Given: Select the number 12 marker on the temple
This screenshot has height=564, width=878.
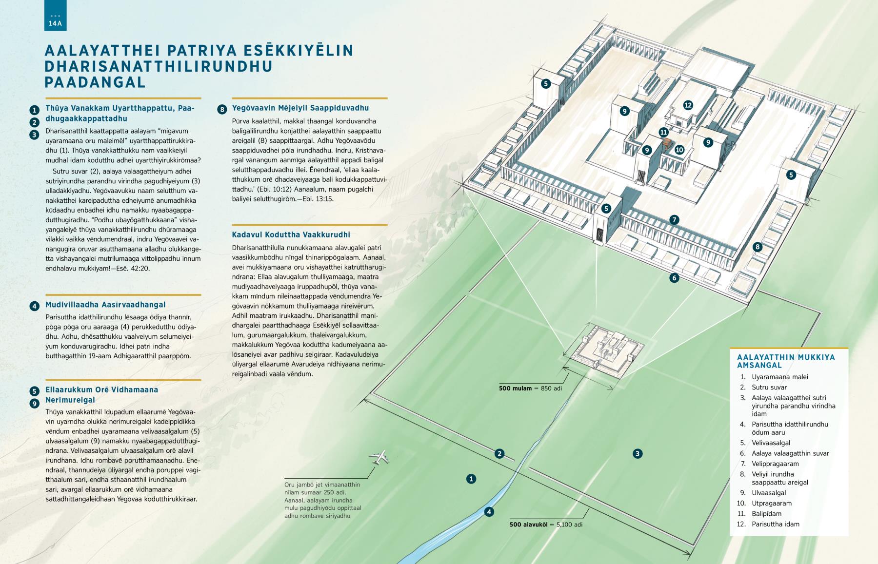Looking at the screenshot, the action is pos(688,105).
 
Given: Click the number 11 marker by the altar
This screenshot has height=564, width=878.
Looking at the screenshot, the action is pos(663,132).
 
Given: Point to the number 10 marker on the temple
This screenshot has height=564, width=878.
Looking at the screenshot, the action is pos(679,150).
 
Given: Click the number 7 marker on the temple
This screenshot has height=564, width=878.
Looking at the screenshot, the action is pos(674,220).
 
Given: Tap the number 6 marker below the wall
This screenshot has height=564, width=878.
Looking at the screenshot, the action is pos(674,278).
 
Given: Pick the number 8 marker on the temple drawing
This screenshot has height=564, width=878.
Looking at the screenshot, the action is pos(758,247).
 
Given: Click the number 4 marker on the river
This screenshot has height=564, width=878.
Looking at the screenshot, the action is pos(489,512).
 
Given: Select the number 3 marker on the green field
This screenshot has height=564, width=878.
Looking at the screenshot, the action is pos(637,454).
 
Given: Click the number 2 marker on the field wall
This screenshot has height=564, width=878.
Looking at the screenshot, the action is pos(499,454).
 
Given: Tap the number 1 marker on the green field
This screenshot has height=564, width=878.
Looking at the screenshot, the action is pos(471,479).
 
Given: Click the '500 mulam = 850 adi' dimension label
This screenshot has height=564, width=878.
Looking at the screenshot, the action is pos(531,389).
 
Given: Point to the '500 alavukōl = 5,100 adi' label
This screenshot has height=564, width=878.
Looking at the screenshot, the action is pos(546,525).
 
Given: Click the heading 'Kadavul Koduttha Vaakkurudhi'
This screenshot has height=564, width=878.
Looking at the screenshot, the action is pos(291,235).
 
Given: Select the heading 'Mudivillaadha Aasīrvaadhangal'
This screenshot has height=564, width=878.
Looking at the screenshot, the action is pos(105,305).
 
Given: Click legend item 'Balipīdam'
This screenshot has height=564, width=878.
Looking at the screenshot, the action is pos(766,514).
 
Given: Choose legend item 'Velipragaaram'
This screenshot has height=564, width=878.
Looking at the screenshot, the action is pos(775,464).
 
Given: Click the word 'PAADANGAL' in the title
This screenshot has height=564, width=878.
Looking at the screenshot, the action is pos(95,82).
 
